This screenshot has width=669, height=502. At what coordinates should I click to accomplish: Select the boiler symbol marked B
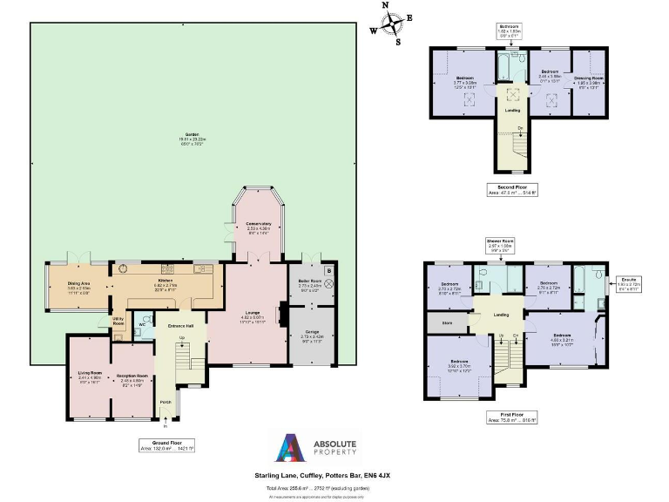click(x=328, y=270)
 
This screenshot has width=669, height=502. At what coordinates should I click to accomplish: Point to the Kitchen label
click(x=166, y=281)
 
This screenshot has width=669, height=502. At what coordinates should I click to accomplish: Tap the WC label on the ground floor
click(x=142, y=323)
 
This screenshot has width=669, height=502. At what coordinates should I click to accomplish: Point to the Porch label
click(x=163, y=402)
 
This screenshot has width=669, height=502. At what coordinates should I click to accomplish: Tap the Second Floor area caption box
click(x=511, y=187)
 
